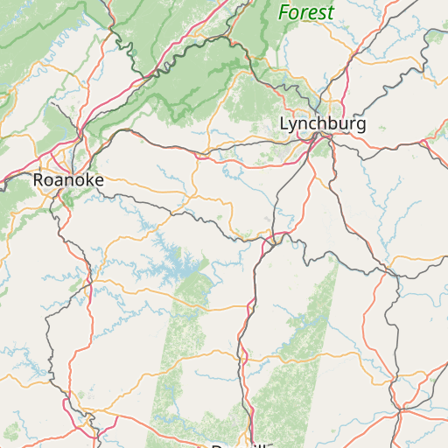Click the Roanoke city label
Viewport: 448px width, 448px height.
[68, 180]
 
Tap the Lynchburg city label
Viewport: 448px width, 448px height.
[322, 124]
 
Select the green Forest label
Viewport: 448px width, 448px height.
[306, 13]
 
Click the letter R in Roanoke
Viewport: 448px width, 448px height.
[38, 180]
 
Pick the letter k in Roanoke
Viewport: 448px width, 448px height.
[85, 180]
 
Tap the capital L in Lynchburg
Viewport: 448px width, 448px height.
[283, 124]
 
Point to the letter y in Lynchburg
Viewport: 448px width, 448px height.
[293, 126]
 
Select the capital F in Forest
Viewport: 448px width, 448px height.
[283, 13]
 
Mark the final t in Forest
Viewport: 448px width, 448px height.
[331, 13]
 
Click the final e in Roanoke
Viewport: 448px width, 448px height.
[98, 180]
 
